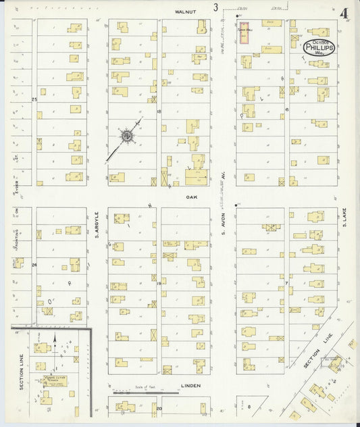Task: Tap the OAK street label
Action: click(x=191, y=197)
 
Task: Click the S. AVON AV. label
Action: click(x=222, y=230)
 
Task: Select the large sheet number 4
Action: click(x=344, y=13)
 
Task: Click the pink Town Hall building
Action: click(x=243, y=35)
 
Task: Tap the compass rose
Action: click(x=126, y=136)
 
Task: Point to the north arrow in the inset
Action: click(x=54, y=341)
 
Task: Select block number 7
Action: click(x=286, y=282)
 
